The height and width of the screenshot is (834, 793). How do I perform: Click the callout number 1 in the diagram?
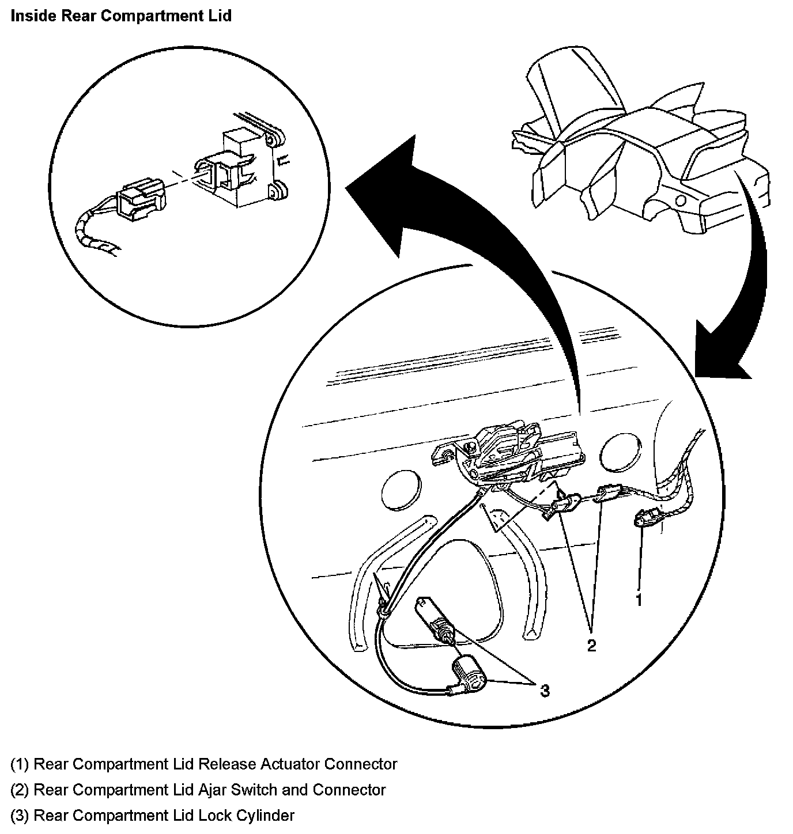(639, 600)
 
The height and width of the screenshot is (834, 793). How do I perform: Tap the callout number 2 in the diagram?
(591, 645)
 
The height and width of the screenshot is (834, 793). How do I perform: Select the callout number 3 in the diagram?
(545, 689)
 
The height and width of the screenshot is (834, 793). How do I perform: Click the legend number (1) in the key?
(20, 764)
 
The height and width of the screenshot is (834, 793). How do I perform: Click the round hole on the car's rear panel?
(681, 201)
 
